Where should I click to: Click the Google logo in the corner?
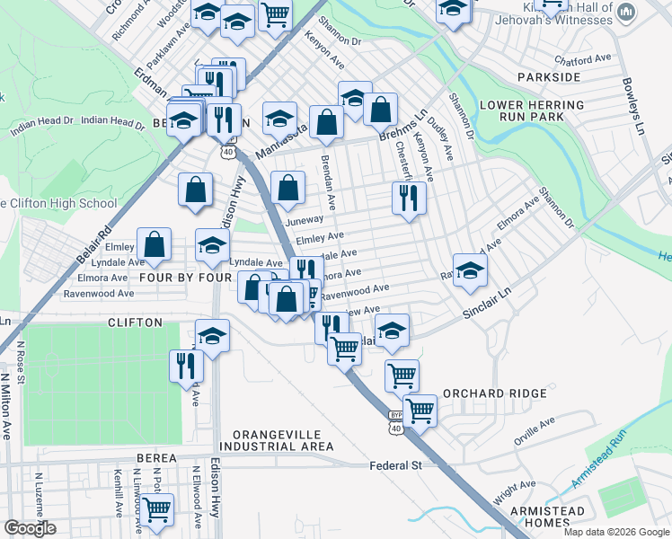tap(30, 528)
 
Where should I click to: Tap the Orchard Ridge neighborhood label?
tap(494, 393)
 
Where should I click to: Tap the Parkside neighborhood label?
tap(557, 78)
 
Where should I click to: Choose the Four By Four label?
tap(186, 278)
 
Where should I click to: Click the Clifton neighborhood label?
tap(135, 322)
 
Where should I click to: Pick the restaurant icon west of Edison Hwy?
tap(187, 365)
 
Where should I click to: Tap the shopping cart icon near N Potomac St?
tap(157, 509)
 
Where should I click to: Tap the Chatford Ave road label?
tap(594, 60)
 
